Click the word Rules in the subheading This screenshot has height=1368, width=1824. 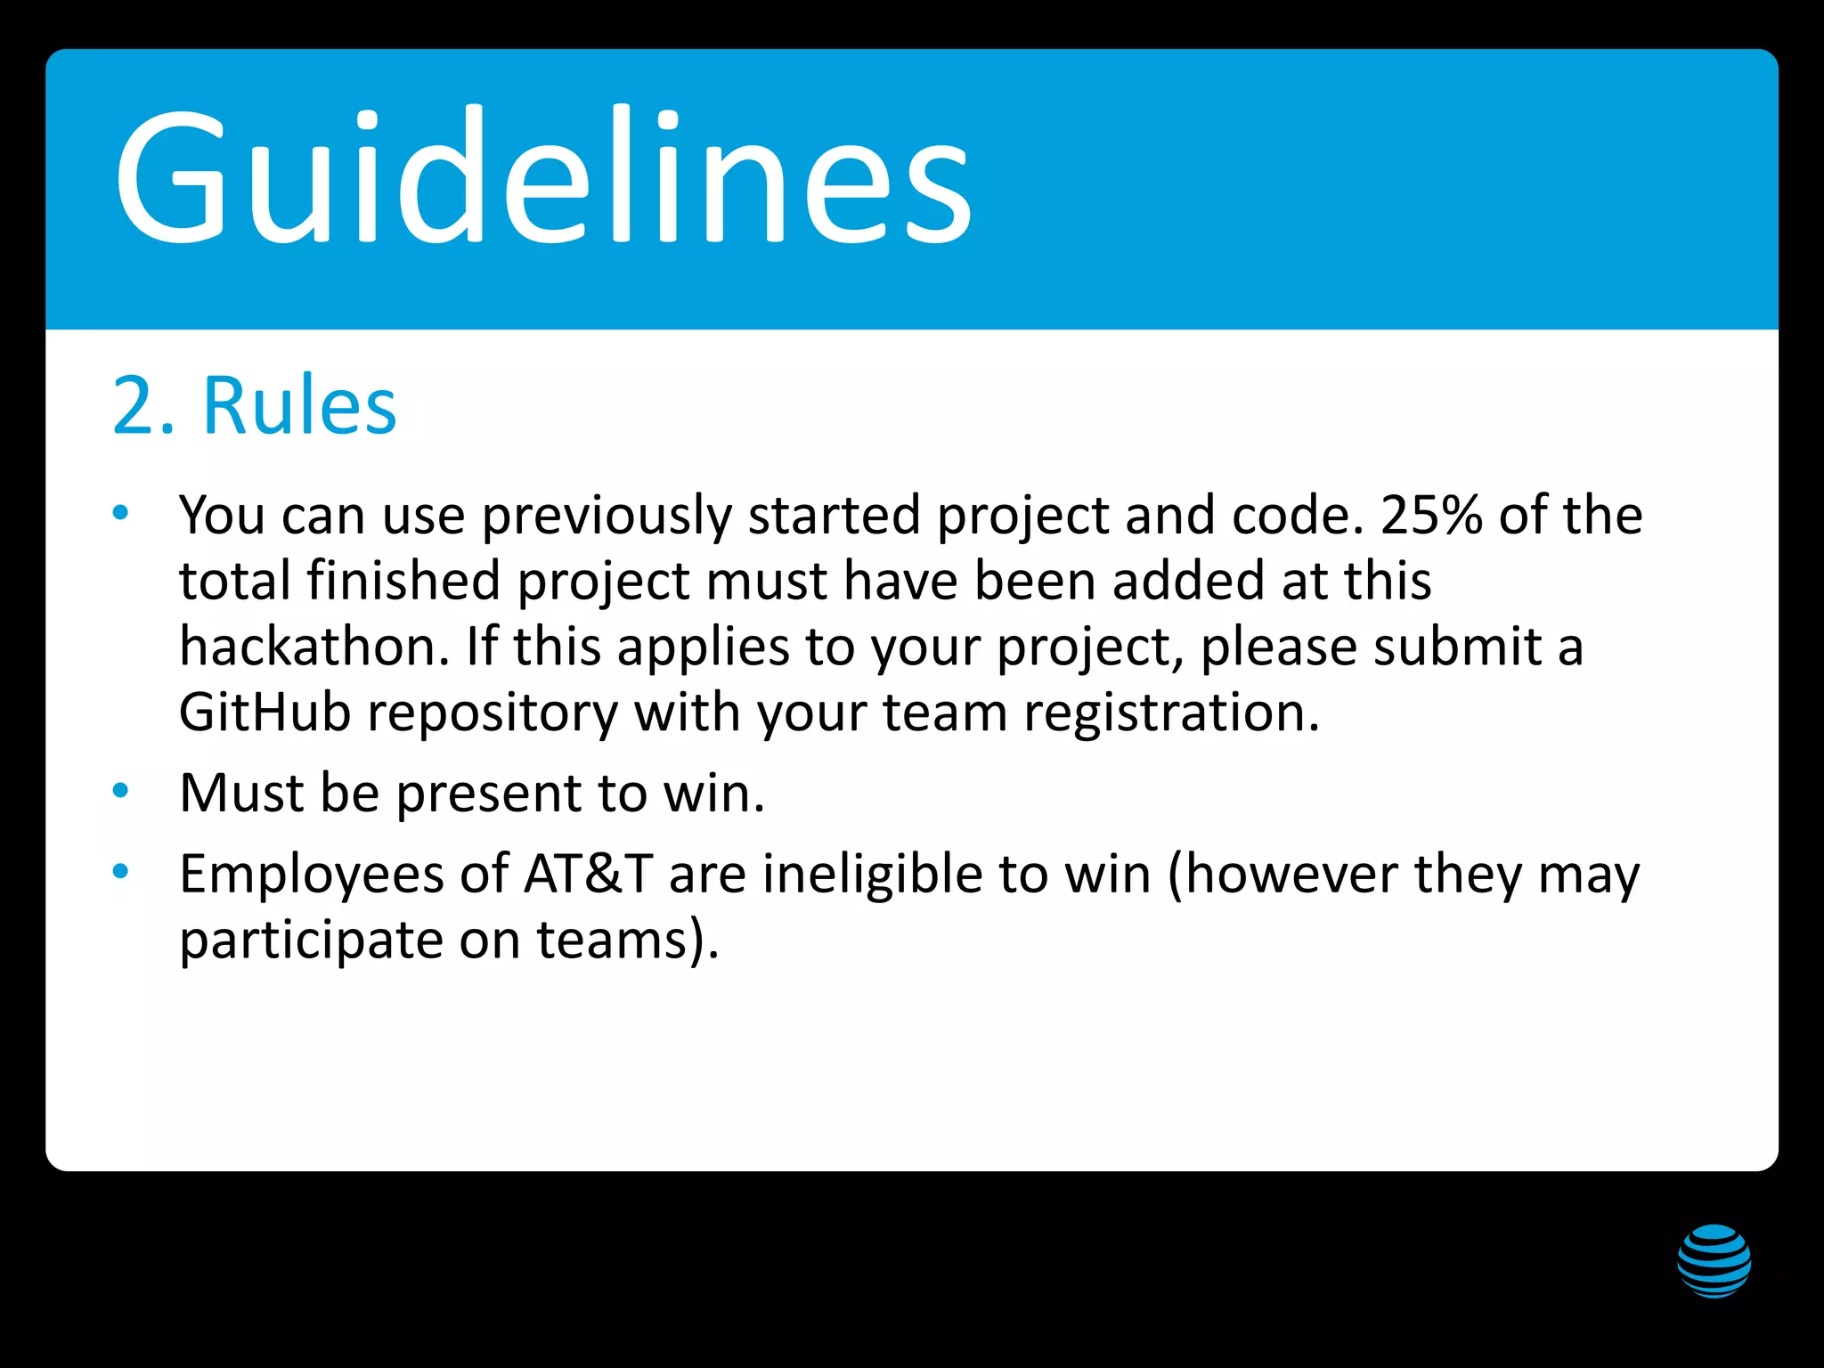(299, 406)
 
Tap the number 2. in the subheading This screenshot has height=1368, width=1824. (142, 406)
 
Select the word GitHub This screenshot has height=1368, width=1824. (265, 712)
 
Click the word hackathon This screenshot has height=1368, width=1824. (313, 647)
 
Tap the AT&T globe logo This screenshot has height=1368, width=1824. (1714, 1261)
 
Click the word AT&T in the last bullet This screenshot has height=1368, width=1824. (589, 874)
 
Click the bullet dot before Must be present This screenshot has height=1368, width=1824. (121, 790)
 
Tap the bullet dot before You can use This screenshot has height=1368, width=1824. (121, 512)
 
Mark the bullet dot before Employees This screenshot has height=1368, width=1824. (121, 871)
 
